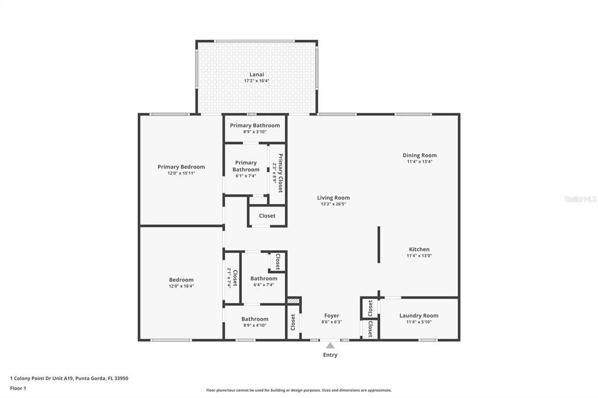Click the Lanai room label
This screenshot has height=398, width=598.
tap(257, 74)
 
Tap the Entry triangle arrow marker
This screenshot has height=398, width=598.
tap(330, 345)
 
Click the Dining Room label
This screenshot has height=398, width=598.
tap(419, 155)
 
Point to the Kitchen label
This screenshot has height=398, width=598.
tap(419, 249)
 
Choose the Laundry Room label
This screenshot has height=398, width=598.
tap(419, 316)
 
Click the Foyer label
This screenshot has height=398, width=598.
tap(332, 316)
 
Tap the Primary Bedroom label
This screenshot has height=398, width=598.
tap(181, 167)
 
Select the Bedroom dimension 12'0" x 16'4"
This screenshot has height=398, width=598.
tap(181, 286)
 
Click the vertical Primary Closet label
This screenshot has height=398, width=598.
tap(280, 173)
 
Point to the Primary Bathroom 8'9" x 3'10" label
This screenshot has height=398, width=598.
tap(255, 125)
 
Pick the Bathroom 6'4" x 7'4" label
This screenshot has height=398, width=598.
tap(263, 278)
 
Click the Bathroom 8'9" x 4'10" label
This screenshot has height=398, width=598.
tap(255, 319)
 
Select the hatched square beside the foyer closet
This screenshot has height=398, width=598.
tap(294, 301)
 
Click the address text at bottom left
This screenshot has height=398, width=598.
tap(69, 378)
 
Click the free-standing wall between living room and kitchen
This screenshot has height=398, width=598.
tap(378, 246)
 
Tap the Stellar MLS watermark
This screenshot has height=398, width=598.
tap(580, 199)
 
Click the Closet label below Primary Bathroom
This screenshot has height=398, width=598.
tap(267, 216)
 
